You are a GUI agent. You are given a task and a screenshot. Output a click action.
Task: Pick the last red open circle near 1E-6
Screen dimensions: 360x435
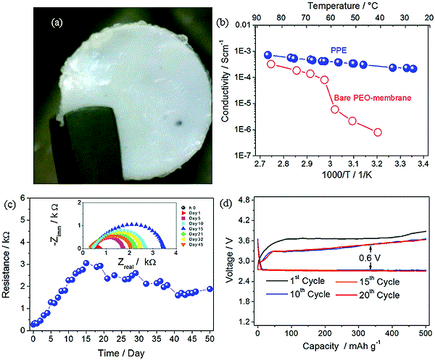tap(378, 132)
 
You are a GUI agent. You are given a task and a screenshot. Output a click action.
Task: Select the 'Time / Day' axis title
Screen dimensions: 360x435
tap(119, 351)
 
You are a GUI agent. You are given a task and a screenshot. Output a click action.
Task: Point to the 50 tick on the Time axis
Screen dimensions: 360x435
tap(210, 338)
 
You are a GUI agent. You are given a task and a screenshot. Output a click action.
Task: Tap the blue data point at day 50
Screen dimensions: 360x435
tap(210, 288)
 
